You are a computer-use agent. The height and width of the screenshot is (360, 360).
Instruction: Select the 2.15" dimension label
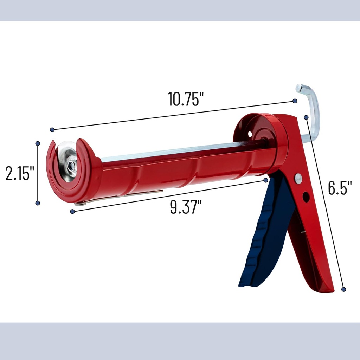19,173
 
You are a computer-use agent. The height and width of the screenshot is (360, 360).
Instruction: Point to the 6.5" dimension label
340,188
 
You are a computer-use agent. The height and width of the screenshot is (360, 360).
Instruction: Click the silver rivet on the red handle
298,179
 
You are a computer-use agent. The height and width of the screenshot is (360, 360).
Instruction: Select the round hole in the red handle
306,197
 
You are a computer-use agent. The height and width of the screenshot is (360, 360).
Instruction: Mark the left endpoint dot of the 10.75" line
52,130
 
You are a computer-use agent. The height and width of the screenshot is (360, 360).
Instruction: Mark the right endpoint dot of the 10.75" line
295,101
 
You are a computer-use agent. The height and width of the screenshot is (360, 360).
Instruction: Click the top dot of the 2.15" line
38,143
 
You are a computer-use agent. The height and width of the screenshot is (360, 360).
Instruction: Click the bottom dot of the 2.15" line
38,203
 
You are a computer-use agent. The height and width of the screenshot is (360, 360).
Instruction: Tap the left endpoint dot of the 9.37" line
72,211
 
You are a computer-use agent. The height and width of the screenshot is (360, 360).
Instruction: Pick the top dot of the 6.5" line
306,117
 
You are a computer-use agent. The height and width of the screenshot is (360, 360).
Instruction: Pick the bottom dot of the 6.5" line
344,289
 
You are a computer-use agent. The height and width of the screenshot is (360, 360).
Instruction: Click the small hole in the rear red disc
250,134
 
